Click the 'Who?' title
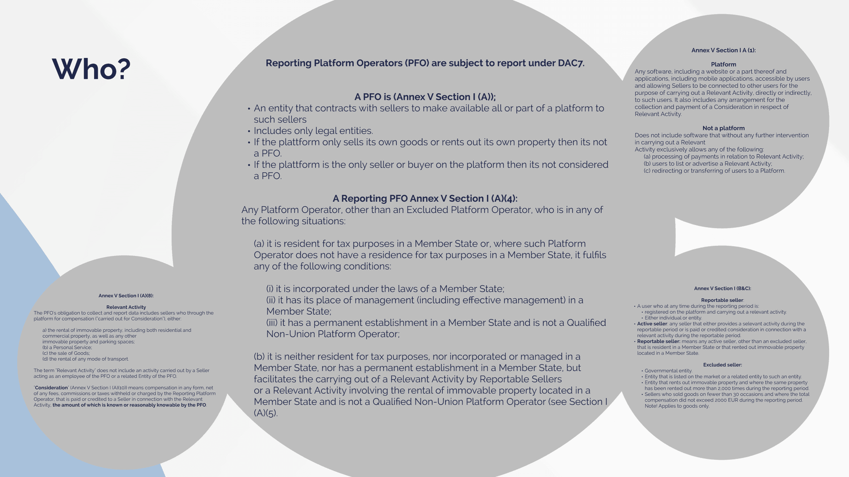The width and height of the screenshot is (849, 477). click(x=91, y=69)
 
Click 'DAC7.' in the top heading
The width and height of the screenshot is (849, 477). click(x=571, y=63)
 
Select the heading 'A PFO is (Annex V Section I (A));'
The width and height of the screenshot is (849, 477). click(x=425, y=97)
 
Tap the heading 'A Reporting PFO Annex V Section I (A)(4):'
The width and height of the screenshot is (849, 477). click(x=425, y=198)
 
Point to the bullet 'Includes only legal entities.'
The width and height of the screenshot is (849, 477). click(x=313, y=131)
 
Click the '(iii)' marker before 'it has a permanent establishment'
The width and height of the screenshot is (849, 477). click(x=272, y=323)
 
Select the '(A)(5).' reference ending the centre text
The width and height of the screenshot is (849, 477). click(x=265, y=413)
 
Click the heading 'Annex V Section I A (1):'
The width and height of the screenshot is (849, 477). click(x=723, y=50)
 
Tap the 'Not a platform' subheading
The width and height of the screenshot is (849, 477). click(x=723, y=128)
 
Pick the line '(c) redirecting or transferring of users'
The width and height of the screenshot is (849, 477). click(x=714, y=171)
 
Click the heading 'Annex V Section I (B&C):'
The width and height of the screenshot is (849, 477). click(x=723, y=289)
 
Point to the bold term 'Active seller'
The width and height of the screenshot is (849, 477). click(x=652, y=324)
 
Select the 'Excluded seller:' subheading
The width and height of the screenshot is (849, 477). click(x=723, y=365)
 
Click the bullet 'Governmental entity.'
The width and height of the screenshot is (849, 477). click(x=668, y=371)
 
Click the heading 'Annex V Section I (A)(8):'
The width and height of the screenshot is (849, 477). click(x=126, y=296)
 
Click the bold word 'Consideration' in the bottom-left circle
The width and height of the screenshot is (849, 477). click(x=51, y=388)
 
